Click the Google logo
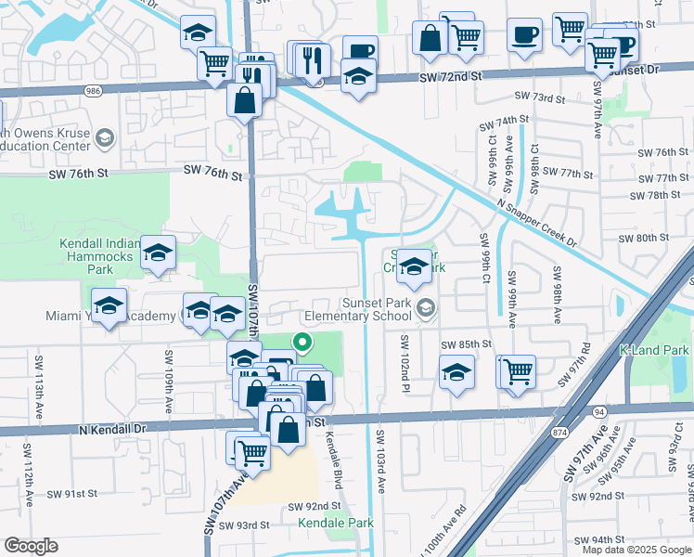pos(31,546)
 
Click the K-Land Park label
pos(653,351)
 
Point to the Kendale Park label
pos(336,523)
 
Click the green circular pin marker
pos(302,343)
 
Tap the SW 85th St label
pos(465,344)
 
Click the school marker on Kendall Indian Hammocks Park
pos(159,253)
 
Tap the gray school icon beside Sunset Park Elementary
pos(426,308)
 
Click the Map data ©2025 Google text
pos(636,550)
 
